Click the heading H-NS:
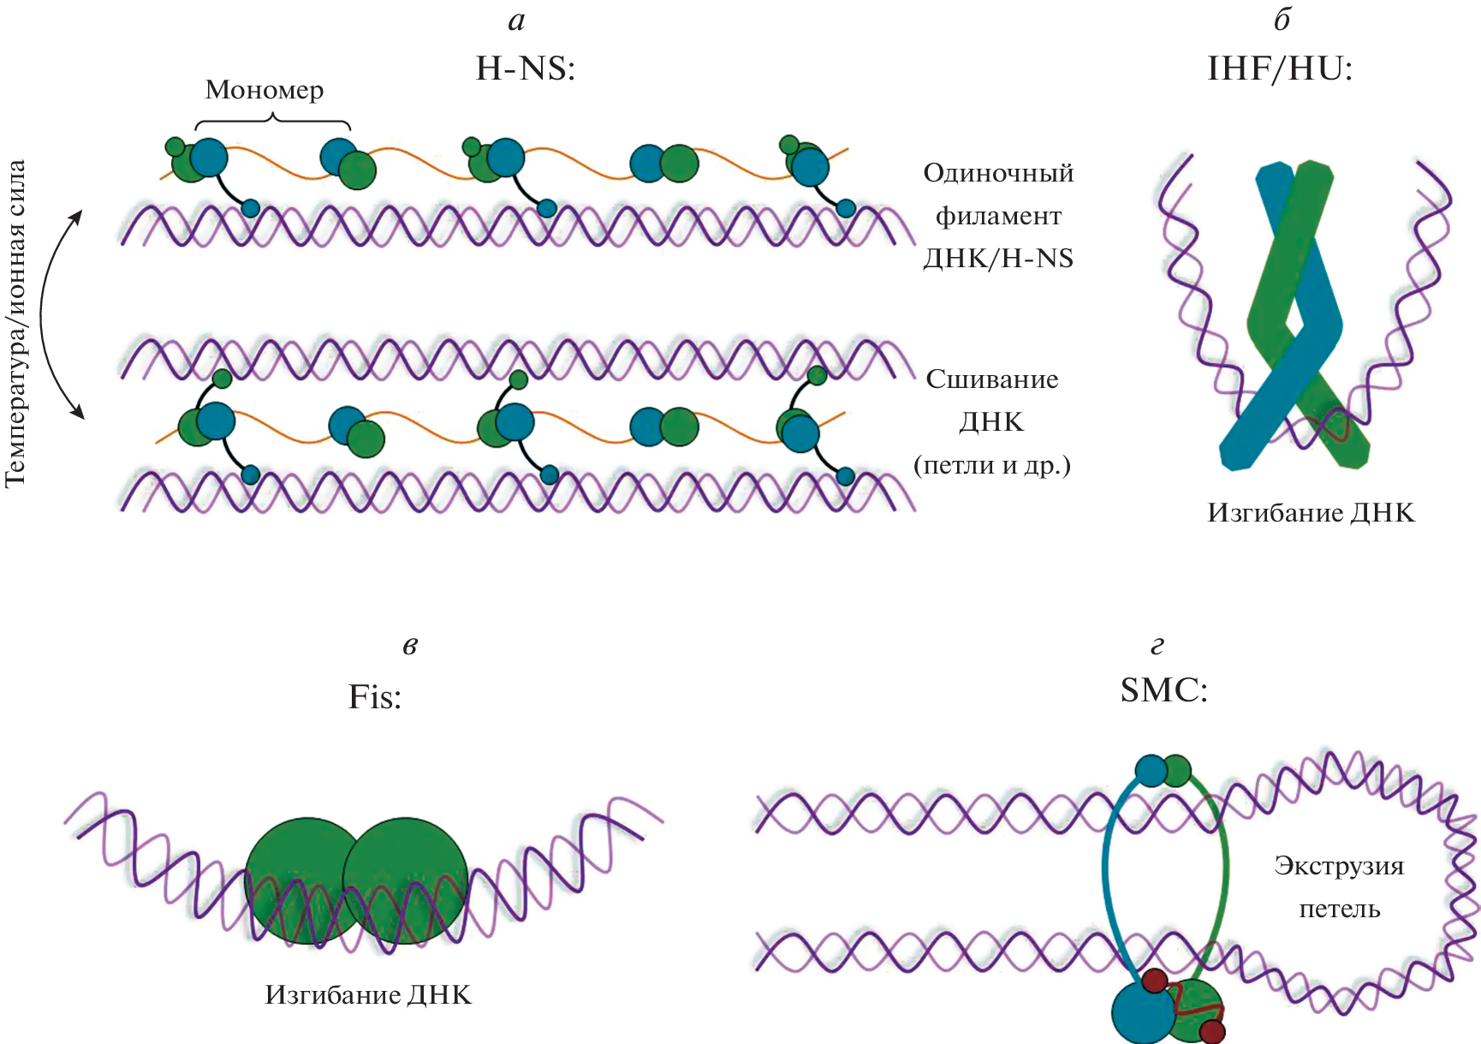(x=526, y=69)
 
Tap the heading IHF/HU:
(x=1279, y=69)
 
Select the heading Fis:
(x=375, y=697)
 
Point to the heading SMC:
(x=1164, y=689)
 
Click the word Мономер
(x=265, y=90)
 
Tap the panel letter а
(x=516, y=21)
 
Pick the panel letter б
(x=1282, y=20)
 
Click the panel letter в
(x=410, y=646)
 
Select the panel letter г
(x=1157, y=646)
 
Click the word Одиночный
(x=998, y=173)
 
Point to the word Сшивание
(x=992, y=379)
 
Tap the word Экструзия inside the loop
(x=1339, y=866)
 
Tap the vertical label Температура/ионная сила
(x=16, y=324)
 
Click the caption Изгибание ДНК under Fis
(x=368, y=994)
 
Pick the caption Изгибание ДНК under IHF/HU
(x=1311, y=512)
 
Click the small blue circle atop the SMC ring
(x=1151, y=771)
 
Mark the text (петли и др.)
(x=992, y=465)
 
